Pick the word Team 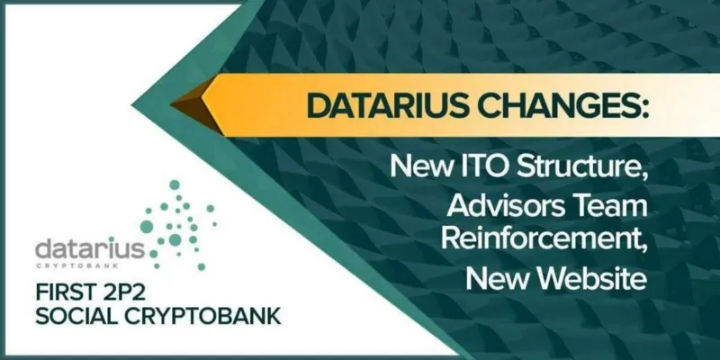coord(610,207)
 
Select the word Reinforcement coord(544,239)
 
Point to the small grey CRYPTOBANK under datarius coord(76,265)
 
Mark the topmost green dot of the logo coord(175,184)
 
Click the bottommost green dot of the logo coord(201,266)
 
